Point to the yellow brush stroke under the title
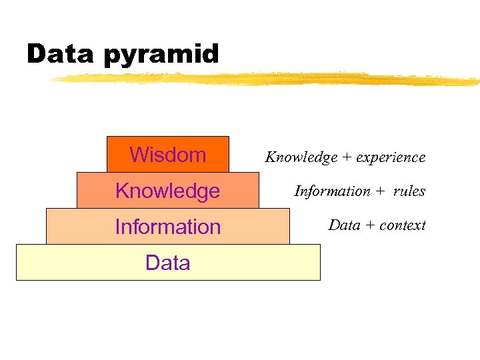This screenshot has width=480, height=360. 267,79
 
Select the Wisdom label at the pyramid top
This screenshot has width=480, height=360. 167,155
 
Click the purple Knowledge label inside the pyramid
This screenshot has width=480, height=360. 167,191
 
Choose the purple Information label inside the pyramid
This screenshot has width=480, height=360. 167,227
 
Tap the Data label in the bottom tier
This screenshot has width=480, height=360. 167,263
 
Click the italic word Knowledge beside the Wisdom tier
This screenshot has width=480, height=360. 301,157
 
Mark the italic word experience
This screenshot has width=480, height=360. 391,157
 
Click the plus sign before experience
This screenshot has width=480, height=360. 347,158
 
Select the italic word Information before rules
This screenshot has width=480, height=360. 332,191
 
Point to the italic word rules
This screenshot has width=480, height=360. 409,191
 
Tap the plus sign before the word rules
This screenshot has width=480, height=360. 380,192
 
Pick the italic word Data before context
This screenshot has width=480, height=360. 344,225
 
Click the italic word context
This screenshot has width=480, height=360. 402,225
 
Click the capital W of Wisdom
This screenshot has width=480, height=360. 138,155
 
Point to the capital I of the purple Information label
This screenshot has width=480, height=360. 117,227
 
